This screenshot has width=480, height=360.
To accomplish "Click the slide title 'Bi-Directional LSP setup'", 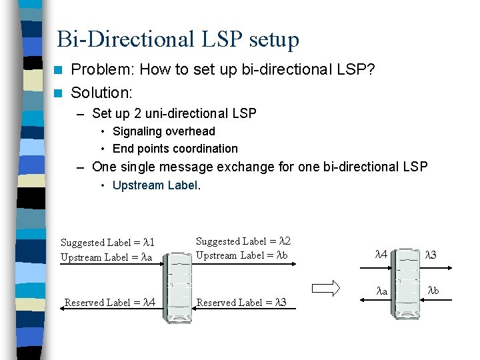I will tap(178, 39).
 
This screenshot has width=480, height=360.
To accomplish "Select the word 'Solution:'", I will tap(102, 93).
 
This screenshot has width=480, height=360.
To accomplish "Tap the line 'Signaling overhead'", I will tap(163, 131).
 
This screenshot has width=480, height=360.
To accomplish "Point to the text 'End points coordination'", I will tap(175, 149).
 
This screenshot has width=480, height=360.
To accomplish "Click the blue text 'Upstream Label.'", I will tap(156, 185).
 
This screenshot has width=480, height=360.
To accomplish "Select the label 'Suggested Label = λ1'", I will tap(107, 243).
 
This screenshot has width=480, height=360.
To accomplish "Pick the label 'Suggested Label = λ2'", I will tap(243, 241).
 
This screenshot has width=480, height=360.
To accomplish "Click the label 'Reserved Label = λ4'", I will tap(110, 302).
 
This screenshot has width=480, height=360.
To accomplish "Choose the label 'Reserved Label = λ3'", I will tap(241, 302).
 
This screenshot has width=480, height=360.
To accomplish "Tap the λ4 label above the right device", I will tap(381, 254).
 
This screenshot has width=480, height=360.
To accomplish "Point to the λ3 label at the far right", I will tap(432, 254).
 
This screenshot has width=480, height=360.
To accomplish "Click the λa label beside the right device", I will tap(381, 291).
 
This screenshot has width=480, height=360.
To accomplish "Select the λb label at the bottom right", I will tap(433, 290).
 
